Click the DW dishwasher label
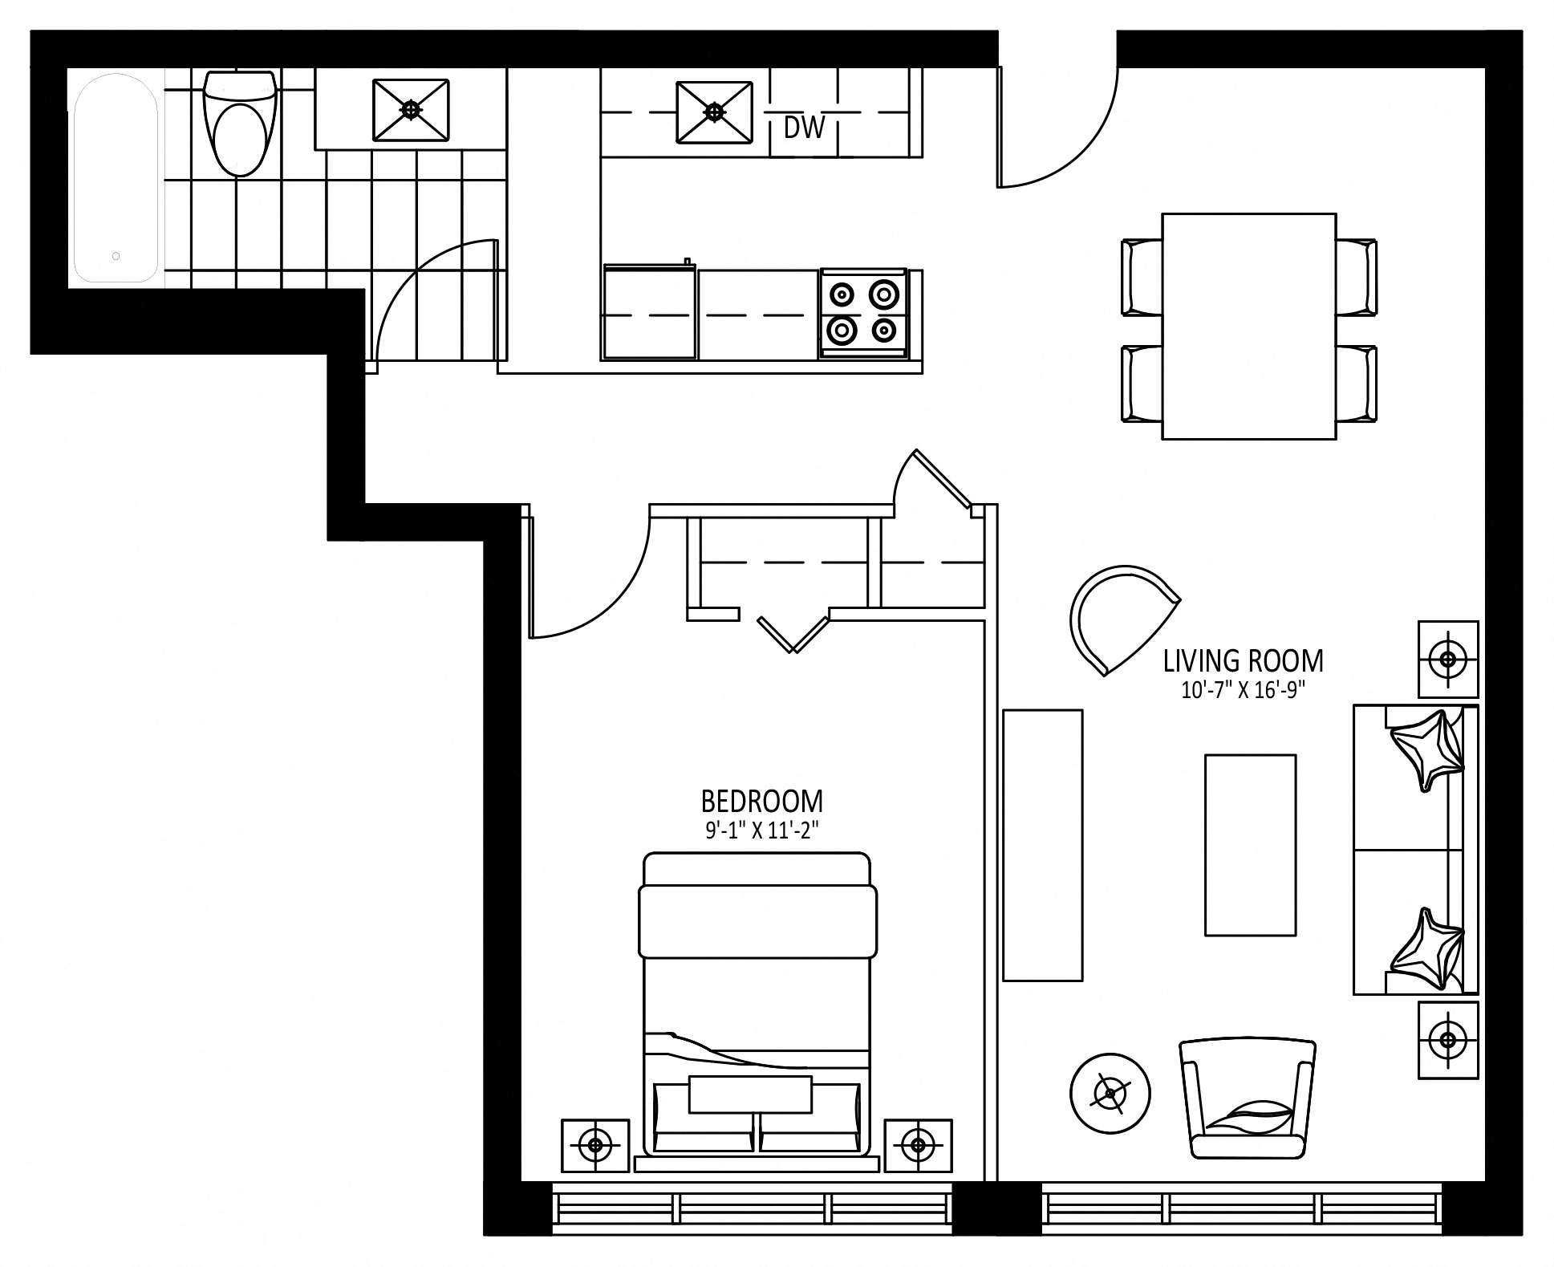tap(804, 127)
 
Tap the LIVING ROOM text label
tap(1243, 660)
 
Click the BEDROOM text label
tap(761, 801)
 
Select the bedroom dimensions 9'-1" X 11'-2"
tap(761, 830)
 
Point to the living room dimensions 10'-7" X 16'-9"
tap(1243, 690)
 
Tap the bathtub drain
tap(116, 256)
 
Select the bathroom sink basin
tap(410, 109)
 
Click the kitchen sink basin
tap(714, 112)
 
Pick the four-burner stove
tap(863, 313)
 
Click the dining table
tap(1248, 326)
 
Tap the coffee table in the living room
tap(1250, 844)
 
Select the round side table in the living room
tap(1110, 1092)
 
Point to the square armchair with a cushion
tap(1248, 1098)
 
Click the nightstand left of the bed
tap(595, 1145)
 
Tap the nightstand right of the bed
tap(918, 1145)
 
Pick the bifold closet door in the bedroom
tap(793, 634)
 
